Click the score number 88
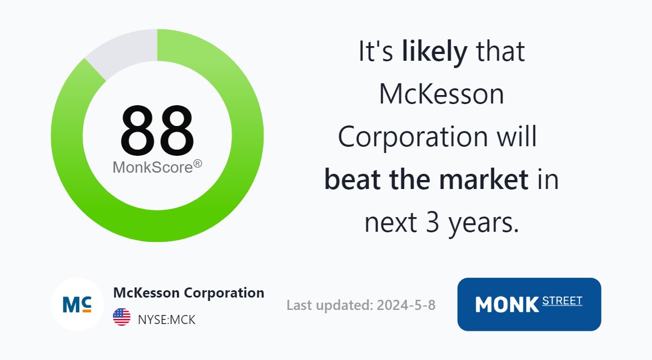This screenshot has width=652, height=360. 157,130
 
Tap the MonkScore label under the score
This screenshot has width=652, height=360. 153,167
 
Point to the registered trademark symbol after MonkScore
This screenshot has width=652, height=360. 198,164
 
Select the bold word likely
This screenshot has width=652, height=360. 434,52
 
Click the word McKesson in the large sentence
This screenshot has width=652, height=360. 442,94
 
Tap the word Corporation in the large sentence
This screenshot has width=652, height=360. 413,137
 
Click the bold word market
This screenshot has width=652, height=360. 483,179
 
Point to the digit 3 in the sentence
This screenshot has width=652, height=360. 432,222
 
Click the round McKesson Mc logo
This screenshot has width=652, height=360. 77,305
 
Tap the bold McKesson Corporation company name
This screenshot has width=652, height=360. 189,293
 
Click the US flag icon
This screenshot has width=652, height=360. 121,317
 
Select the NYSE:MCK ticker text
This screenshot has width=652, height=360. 167,319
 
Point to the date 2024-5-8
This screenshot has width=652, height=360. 406,305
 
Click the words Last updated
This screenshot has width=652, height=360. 330,305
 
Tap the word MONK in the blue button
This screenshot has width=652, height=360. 508,305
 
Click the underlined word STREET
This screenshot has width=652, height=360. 562,301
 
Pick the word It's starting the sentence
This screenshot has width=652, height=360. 376,52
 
